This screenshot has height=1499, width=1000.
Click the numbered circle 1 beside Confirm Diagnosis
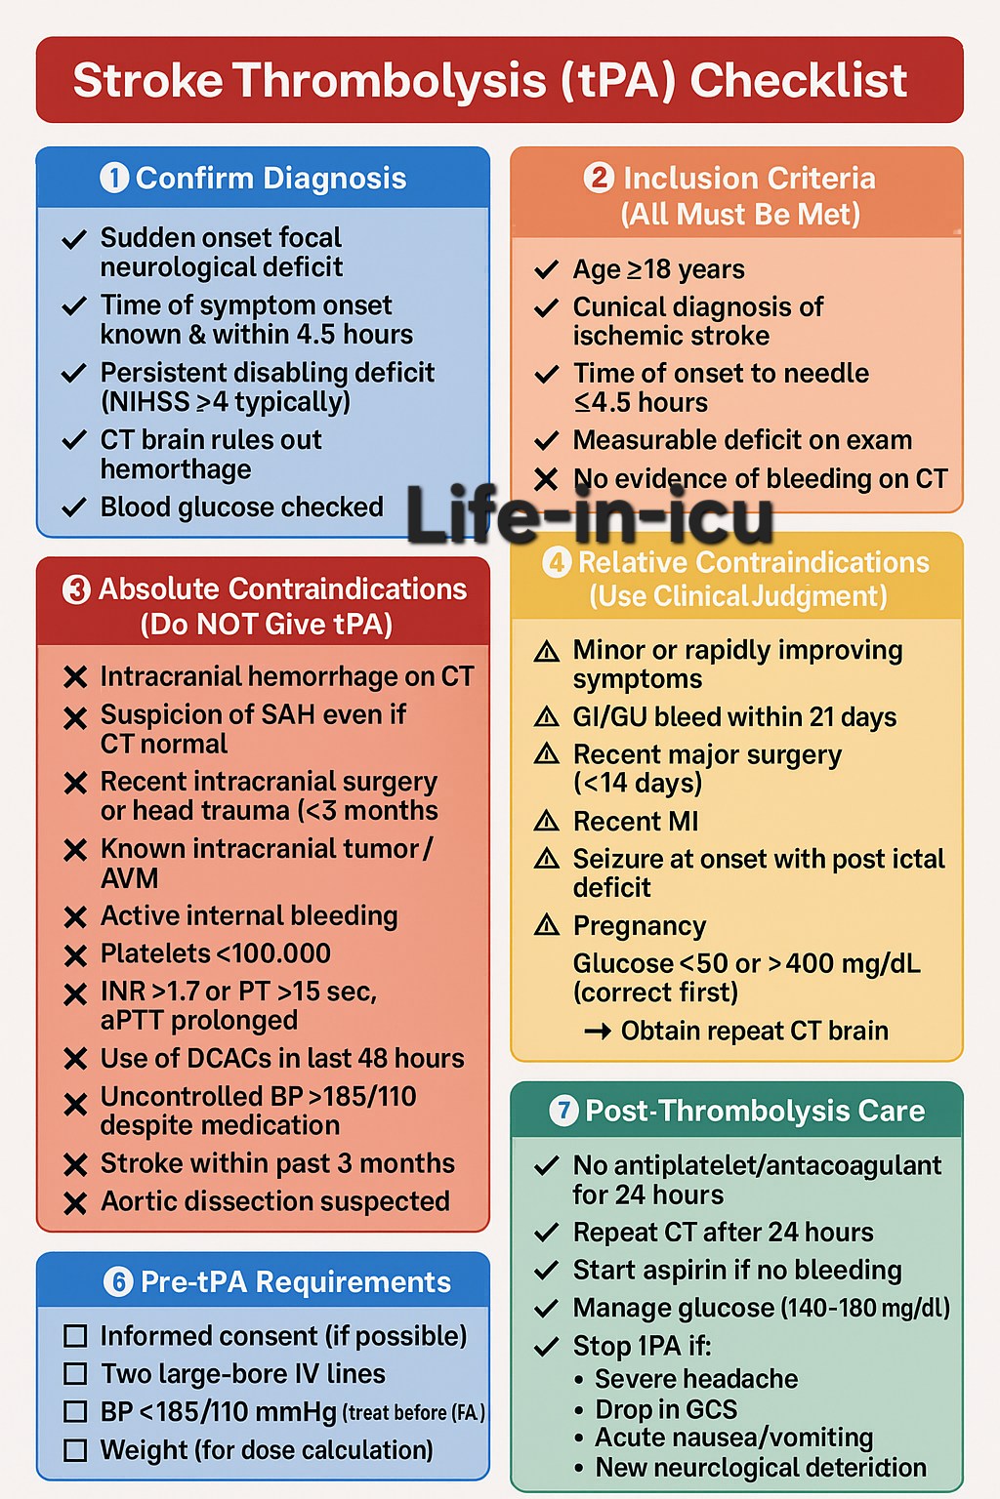coord(114,179)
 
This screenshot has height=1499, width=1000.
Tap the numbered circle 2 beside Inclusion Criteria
coord(598,178)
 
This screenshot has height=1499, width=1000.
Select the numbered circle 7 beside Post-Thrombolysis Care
coord(563,1111)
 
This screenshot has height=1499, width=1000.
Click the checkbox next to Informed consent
coord(75,1336)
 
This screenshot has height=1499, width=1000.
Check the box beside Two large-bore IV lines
coord(75,1374)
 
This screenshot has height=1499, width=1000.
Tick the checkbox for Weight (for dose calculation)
coord(75,1451)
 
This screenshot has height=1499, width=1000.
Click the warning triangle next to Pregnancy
coord(547,925)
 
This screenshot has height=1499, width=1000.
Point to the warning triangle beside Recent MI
coord(547,821)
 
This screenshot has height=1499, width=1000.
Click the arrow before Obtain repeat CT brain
coord(598,1032)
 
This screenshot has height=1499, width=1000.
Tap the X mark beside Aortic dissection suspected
coord(76,1202)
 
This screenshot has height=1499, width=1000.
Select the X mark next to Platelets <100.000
coord(76,955)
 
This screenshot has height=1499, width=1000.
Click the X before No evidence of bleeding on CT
coord(546,479)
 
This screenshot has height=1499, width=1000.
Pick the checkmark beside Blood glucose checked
coord(73,507)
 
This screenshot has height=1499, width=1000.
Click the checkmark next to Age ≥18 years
coord(547,269)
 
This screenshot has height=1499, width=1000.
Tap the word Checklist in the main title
coord(799,80)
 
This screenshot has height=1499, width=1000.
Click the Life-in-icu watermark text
coord(590,515)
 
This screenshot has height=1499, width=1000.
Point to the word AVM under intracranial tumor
coord(129,878)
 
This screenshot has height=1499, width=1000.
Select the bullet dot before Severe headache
coord(580,1380)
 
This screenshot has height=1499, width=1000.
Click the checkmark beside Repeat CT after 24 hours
coord(547,1232)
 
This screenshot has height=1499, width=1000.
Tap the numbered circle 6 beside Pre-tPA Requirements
coord(118,1282)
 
